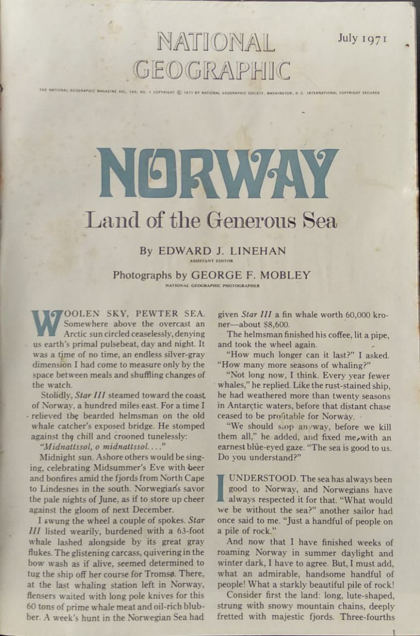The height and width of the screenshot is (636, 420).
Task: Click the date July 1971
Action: pos(362,39)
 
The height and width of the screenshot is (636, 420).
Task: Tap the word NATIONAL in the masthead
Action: pos(216,43)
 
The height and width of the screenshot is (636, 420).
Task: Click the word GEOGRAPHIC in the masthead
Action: pos(212,70)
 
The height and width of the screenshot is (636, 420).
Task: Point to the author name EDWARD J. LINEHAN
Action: pos(222,251)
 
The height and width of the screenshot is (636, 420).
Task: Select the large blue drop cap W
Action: pos(47,322)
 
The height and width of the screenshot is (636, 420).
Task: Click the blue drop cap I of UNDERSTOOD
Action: pos(221,488)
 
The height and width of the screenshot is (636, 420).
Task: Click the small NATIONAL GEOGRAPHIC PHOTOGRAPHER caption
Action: pos(212,285)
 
